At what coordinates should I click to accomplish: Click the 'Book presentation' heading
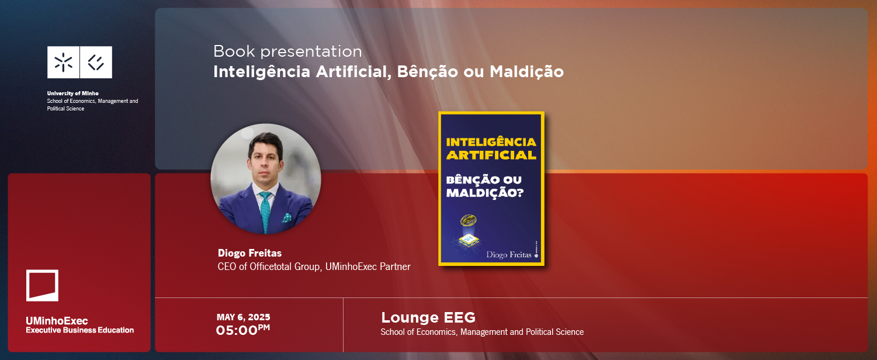click(x=287, y=51)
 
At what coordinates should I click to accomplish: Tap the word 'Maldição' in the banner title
click(x=526, y=72)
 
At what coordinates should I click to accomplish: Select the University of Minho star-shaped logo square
click(x=64, y=63)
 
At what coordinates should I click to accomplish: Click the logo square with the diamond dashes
click(x=96, y=63)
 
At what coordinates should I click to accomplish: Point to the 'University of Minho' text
click(x=73, y=94)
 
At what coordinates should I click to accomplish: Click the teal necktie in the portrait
click(x=265, y=212)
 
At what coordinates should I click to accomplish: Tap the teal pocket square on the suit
click(x=287, y=217)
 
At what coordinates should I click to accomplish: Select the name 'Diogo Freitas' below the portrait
click(x=250, y=253)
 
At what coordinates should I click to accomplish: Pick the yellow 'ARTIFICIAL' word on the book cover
click(x=491, y=155)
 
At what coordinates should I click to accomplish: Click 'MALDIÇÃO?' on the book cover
click(x=485, y=193)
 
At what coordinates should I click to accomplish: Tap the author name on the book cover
click(x=508, y=255)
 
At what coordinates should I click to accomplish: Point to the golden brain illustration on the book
click(x=468, y=220)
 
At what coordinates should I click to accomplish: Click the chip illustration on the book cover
click(x=469, y=240)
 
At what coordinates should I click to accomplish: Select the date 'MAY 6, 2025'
click(x=244, y=317)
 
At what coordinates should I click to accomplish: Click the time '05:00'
click(x=237, y=331)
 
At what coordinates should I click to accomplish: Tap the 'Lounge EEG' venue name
click(x=428, y=317)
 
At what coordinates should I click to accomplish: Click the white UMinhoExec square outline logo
click(x=42, y=285)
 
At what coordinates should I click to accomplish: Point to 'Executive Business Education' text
click(x=80, y=330)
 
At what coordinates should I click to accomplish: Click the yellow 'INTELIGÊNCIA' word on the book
click(x=491, y=142)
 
